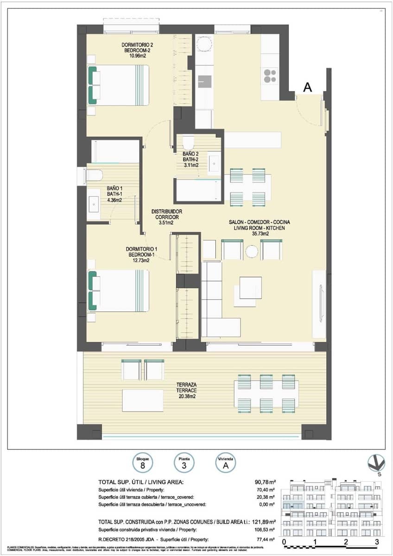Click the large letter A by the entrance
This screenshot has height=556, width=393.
(x=307, y=87)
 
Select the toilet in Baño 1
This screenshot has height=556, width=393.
(x=94, y=175)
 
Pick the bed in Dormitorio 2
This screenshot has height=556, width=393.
(x=119, y=85)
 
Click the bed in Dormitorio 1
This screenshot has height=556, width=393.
(x=119, y=291)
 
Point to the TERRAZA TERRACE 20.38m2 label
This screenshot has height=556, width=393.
(x=200, y=391)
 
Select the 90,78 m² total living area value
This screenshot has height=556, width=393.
(x=266, y=482)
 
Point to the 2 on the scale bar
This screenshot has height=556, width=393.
(x=346, y=542)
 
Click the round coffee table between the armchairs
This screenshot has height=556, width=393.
(x=252, y=252)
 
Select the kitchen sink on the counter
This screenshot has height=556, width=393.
(x=204, y=82)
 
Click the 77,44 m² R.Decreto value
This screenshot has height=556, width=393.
(x=266, y=539)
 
